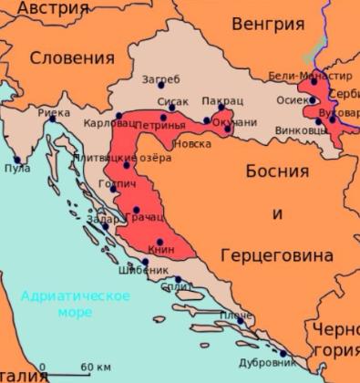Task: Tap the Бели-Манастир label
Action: pos(309,76)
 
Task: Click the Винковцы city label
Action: pos(302,130)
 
